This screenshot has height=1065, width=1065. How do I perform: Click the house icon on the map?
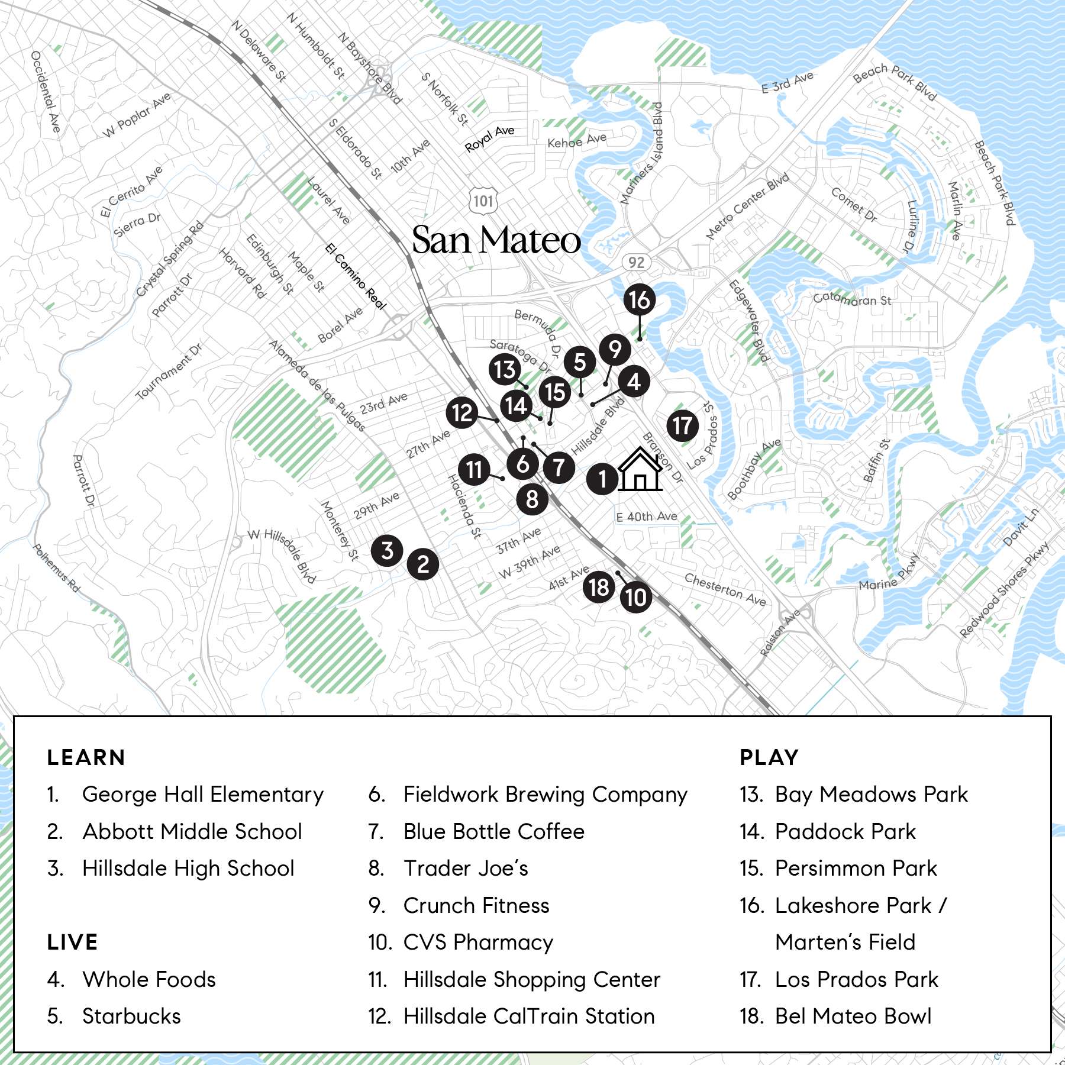[x=640, y=470]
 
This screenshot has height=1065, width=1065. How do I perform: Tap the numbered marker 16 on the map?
[x=640, y=300]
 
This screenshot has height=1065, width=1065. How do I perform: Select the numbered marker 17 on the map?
[x=682, y=426]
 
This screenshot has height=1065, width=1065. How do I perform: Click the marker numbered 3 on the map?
[x=387, y=550]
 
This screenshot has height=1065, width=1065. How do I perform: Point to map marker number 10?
[x=636, y=597]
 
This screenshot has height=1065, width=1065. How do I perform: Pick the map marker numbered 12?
[x=462, y=412]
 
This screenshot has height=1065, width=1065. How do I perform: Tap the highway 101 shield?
[x=483, y=201]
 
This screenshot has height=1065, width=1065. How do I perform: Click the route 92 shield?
[x=636, y=262]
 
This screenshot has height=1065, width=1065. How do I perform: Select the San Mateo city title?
[x=496, y=240]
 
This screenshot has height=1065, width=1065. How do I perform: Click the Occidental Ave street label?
[x=46, y=92]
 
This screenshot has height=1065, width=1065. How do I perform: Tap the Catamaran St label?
[x=851, y=299]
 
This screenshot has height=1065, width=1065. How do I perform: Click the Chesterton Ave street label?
[x=725, y=589]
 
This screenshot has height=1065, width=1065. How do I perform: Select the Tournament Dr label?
[x=169, y=372]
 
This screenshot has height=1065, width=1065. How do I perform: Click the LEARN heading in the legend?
[x=86, y=758]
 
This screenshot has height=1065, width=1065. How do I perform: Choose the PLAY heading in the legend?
[x=769, y=758]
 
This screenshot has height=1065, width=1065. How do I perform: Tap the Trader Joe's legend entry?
[x=465, y=869]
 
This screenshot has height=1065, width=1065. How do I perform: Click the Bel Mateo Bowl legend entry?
[x=853, y=1016]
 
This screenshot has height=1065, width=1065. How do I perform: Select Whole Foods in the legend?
[x=149, y=980]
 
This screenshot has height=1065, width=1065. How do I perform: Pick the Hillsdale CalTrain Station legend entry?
[x=528, y=1016]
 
